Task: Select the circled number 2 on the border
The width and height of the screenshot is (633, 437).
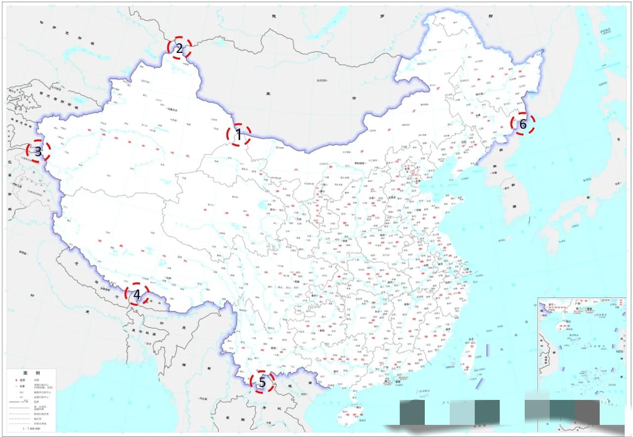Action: point(179,48)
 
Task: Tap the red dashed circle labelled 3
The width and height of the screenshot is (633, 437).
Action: point(38,152)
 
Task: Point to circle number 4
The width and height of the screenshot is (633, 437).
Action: point(137,295)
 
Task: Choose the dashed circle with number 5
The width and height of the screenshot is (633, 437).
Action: point(262,382)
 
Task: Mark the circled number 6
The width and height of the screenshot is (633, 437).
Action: point(523,124)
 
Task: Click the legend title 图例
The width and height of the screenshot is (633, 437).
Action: point(31,372)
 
